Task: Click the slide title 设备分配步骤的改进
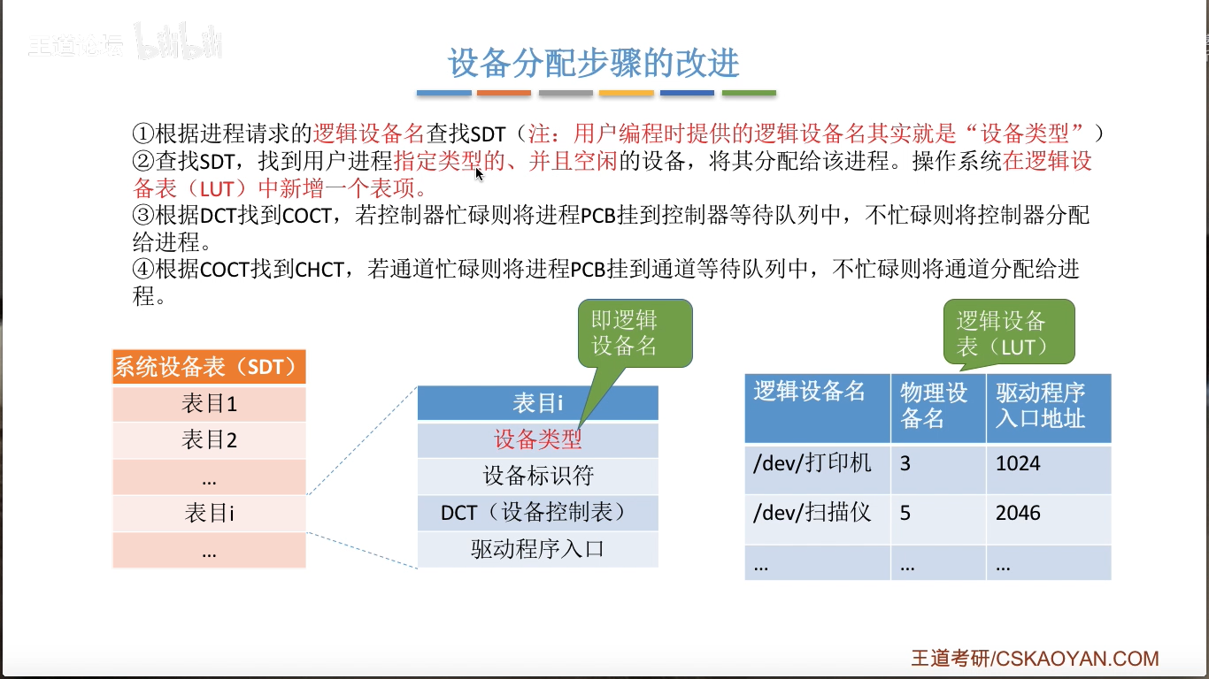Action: coord(593,64)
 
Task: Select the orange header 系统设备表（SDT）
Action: coord(209,367)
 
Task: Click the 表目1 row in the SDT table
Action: coord(209,404)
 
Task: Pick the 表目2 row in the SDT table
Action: coord(209,440)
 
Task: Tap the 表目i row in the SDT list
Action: coord(209,513)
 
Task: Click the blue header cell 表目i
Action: coord(537,403)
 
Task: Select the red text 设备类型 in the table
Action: coord(537,439)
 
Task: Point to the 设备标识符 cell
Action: coord(537,476)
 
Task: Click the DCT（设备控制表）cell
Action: coord(537,512)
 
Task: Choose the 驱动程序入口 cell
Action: coord(537,549)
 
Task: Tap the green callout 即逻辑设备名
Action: coord(625,333)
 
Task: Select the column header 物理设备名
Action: coord(936,406)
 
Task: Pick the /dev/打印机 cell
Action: coord(812,463)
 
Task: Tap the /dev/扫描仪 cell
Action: coord(812,513)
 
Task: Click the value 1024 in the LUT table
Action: coord(1018,463)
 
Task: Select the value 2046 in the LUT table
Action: coord(1018,513)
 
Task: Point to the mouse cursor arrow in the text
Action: coord(480,173)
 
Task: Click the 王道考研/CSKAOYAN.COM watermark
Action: coord(1035,659)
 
